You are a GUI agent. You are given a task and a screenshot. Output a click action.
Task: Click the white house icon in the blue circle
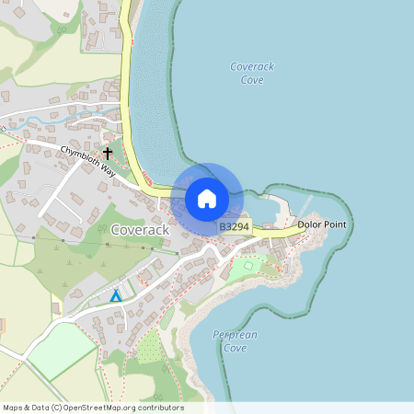tap(207, 198)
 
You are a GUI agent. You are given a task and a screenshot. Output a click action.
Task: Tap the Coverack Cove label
tap(251, 74)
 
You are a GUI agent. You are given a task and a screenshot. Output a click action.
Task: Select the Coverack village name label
tap(140, 229)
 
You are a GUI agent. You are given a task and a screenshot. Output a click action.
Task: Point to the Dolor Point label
tap(322, 224)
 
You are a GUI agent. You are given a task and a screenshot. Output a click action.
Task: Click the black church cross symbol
tap(108, 152)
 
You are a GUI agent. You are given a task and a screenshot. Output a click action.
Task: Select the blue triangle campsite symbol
tap(115, 296)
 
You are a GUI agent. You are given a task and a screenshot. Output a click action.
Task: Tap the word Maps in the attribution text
tap(14, 408)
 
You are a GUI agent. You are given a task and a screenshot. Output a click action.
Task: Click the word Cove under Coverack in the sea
tap(252, 81)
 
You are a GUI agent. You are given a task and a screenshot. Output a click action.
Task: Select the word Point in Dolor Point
tap(336, 224)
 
